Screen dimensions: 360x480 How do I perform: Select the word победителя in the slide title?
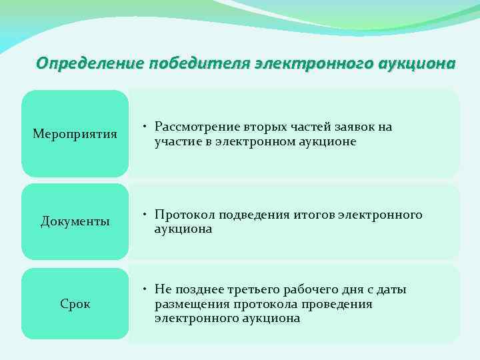(x=189, y=63)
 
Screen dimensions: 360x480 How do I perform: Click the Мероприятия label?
(x=75, y=135)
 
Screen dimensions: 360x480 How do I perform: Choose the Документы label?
(x=75, y=221)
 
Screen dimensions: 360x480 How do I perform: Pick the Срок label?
(x=75, y=304)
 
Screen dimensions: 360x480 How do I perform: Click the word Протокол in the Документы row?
(x=183, y=215)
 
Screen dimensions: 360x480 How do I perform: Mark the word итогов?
(x=312, y=215)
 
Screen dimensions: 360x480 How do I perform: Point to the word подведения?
(x=253, y=215)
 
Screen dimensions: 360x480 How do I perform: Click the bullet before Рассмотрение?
(x=145, y=127)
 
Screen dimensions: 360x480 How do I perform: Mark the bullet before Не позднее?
(x=145, y=289)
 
